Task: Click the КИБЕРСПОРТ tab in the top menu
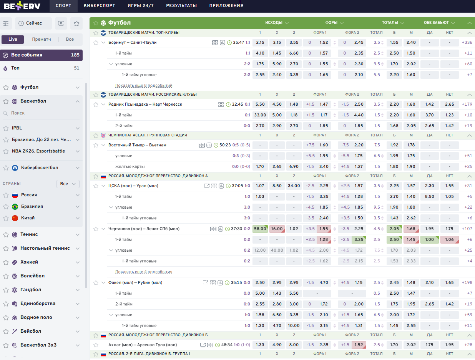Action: [x=99, y=5]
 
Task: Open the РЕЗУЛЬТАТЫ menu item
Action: [x=181, y=5]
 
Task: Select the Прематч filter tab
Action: [x=42, y=39]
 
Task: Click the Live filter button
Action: [x=13, y=39]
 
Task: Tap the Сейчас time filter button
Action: [x=33, y=23]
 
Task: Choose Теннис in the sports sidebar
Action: [x=29, y=234]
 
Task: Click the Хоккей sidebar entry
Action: [x=29, y=262]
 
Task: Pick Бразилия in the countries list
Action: [x=32, y=206]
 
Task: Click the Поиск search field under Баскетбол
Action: [x=41, y=113]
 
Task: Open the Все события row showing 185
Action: [x=42, y=55]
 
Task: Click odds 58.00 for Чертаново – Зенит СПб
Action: [x=260, y=229]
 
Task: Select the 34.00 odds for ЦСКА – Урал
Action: [x=294, y=186]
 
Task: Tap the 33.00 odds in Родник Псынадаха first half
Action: [x=260, y=115]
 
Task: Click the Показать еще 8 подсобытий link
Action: [x=144, y=85]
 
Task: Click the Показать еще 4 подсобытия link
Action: [x=144, y=272]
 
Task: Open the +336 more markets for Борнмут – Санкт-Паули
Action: [x=467, y=42]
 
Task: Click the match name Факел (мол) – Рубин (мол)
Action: [x=135, y=282]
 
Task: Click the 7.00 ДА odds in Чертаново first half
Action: [x=430, y=239]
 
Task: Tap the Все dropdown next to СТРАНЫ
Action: [x=68, y=184]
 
